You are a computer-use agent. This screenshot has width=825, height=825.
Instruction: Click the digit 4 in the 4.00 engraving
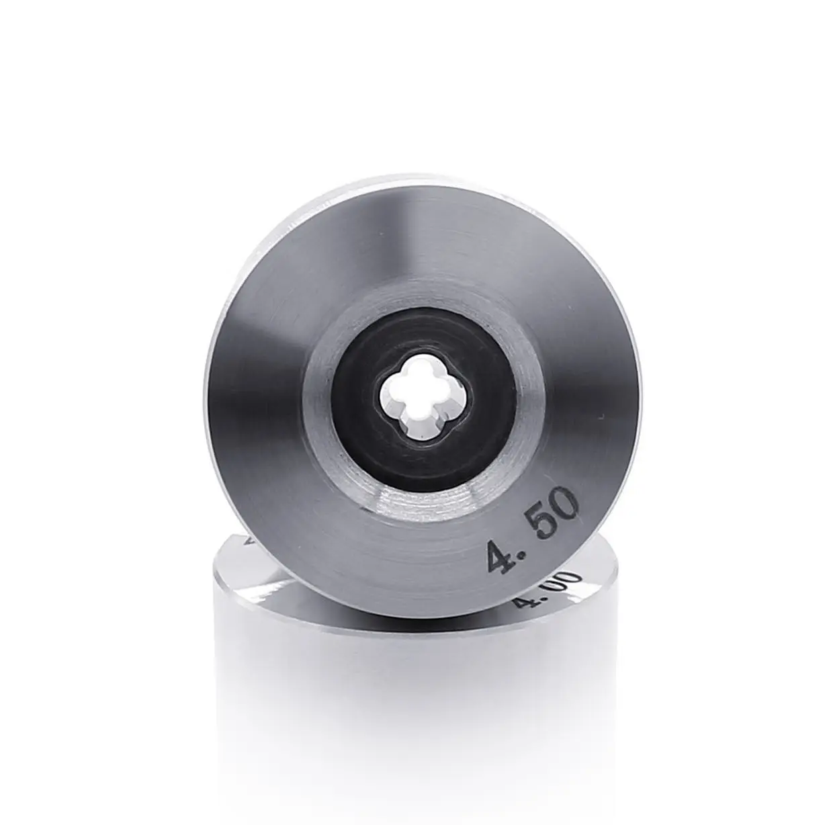pos(523,599)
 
